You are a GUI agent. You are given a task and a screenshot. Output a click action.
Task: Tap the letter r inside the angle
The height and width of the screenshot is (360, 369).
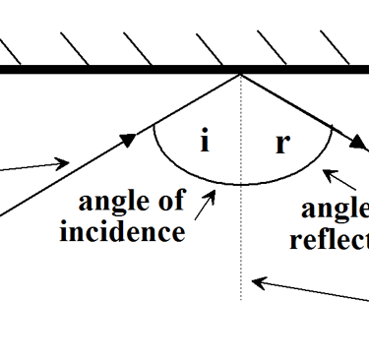(x=282, y=143)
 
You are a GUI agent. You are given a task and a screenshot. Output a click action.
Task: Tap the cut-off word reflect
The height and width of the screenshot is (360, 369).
(x=329, y=240)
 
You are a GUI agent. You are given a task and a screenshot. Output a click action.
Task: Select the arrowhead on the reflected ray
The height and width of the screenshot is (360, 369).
(x=356, y=144)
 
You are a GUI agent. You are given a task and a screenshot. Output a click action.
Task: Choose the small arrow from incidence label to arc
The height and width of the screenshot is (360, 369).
(x=206, y=204)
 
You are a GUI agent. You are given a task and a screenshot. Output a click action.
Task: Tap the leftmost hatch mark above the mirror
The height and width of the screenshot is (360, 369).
(x=8, y=49)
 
